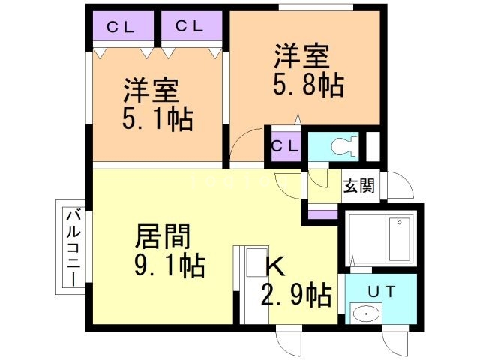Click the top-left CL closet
(120, 28)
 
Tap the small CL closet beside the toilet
(284, 145)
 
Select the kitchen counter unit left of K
(246, 285)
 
